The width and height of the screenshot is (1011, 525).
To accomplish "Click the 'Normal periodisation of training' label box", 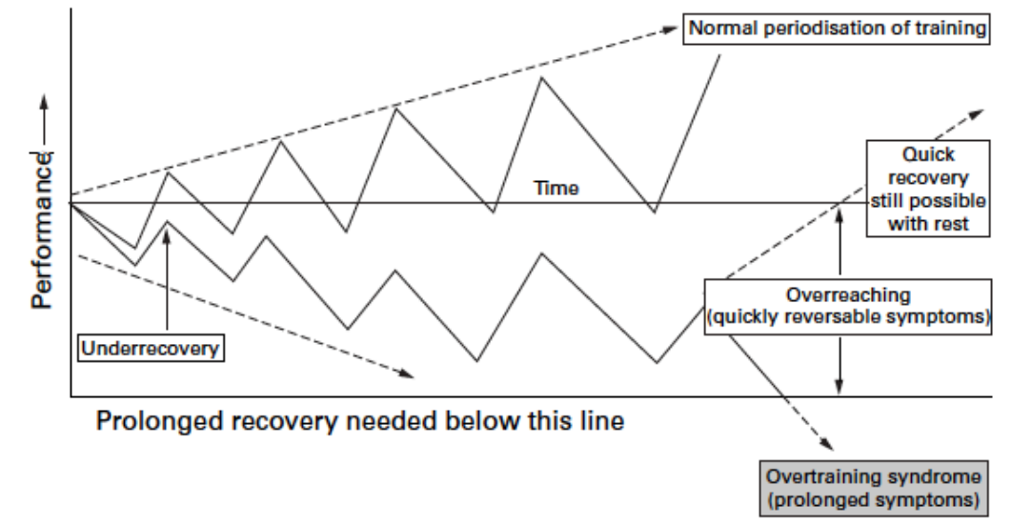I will point(835,28).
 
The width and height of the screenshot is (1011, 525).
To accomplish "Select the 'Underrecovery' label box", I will point(151,348).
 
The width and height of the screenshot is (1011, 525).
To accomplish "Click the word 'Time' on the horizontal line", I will point(556,189).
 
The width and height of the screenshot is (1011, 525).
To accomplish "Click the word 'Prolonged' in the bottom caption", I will point(156,421).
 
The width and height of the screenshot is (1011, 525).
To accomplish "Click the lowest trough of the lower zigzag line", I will point(657,363).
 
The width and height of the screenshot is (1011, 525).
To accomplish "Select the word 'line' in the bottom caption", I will point(602,421).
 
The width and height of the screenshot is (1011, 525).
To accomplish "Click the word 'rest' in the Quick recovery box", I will point(955,225).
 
